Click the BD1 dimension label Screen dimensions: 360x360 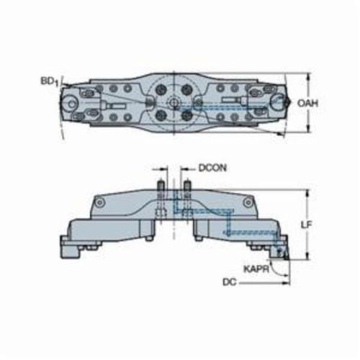(50, 81)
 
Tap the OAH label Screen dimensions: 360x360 (307, 103)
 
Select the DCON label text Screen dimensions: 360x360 (212, 168)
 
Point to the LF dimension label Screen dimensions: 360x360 (307, 225)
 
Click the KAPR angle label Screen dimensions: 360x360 (256, 269)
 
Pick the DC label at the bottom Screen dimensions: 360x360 (230, 282)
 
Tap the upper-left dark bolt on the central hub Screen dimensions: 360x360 (160, 90)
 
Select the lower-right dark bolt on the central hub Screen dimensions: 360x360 (186, 116)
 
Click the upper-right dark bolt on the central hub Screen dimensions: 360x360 (186, 90)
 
